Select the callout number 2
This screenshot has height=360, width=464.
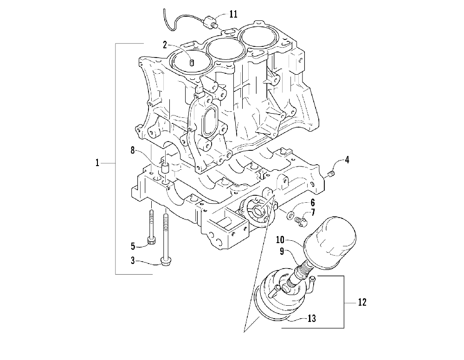point(165,45)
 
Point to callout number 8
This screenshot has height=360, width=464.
point(132,150)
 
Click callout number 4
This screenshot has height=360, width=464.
point(347,161)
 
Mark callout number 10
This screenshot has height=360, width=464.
point(280,240)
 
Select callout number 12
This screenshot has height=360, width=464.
point(362,302)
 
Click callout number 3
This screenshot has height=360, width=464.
point(132,261)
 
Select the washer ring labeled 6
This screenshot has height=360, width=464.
point(290,215)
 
